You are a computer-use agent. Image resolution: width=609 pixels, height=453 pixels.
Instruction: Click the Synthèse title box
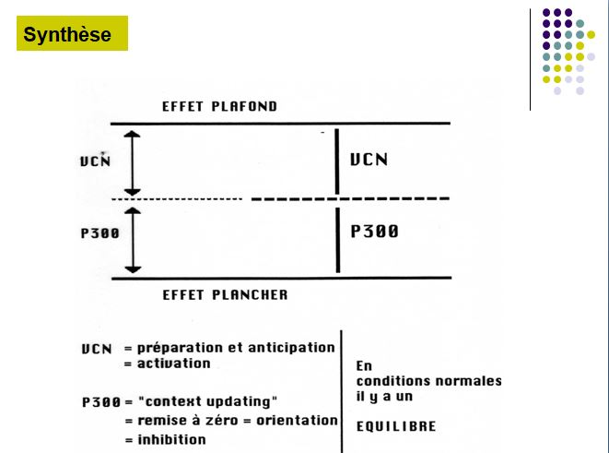point(72,33)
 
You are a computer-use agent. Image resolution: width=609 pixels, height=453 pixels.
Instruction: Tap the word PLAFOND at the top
point(245,106)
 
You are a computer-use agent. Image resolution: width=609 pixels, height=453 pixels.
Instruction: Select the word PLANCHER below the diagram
point(250,294)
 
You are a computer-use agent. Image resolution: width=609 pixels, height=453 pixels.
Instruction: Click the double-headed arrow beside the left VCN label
point(132,163)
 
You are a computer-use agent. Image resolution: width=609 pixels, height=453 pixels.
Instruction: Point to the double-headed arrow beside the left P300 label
point(133,240)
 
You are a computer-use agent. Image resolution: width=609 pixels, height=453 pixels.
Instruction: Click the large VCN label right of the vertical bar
point(369,160)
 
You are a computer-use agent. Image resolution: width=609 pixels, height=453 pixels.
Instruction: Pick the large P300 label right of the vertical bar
point(374,232)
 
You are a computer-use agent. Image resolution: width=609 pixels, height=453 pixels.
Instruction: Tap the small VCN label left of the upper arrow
point(96,161)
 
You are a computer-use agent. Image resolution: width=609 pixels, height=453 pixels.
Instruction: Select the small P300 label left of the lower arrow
point(100,233)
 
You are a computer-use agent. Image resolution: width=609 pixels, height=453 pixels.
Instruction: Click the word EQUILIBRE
point(396,426)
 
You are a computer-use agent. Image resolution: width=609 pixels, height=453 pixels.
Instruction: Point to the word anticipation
point(291,348)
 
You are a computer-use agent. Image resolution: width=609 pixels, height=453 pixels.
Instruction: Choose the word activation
point(173,364)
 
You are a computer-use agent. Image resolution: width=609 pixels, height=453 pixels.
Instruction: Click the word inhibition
point(171,440)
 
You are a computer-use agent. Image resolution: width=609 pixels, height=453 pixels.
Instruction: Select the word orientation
point(297,421)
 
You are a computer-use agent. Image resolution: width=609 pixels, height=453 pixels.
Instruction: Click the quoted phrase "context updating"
point(208,401)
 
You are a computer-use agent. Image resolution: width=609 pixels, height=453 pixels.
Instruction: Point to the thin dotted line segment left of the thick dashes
point(177,199)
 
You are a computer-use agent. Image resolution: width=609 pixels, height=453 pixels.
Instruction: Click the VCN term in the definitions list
point(97,349)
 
